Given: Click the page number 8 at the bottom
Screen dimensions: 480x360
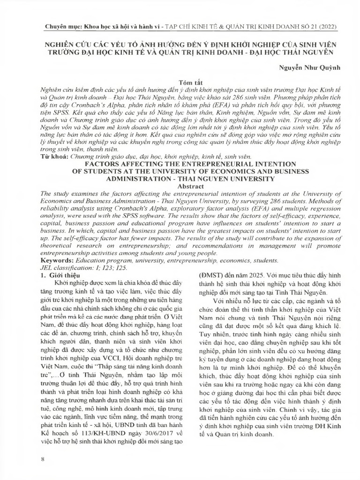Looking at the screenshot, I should tap(43, 458).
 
